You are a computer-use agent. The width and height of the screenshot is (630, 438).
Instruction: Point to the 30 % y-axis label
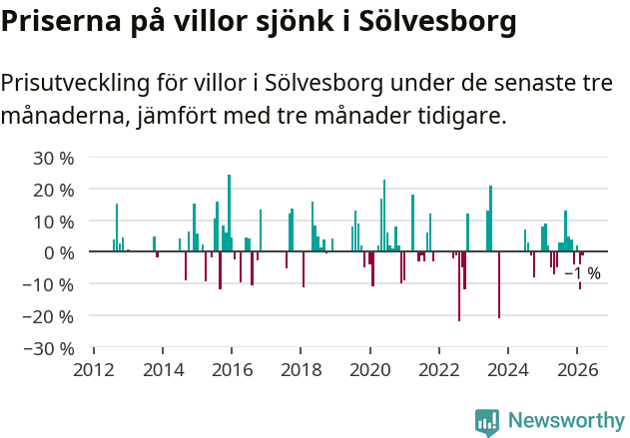pos(54,158)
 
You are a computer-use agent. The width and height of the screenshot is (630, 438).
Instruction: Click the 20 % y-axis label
pos(54,190)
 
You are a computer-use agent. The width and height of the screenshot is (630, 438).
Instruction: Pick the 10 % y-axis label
pos(54,221)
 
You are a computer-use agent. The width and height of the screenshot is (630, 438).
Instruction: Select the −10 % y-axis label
pos(50,284)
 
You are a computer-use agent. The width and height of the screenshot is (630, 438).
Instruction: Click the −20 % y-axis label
pos(50,316)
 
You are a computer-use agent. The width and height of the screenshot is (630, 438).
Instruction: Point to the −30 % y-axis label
pos(50,348)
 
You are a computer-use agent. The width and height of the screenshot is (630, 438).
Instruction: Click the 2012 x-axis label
pos(94,369)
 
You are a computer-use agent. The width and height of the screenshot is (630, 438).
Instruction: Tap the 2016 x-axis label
pos(232,369)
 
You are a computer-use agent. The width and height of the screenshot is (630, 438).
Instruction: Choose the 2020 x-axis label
pos(370,369)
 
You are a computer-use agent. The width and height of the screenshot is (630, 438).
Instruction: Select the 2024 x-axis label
pos(508,369)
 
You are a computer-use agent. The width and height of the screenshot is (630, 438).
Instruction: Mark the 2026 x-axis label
pos(577,369)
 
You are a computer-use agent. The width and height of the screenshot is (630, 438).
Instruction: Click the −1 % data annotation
pos(583,273)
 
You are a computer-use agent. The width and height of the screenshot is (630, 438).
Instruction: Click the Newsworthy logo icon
pos(487,422)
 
